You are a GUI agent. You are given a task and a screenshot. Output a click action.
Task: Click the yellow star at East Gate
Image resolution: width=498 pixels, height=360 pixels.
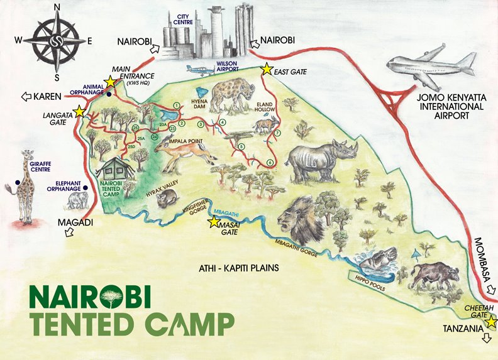(267, 68)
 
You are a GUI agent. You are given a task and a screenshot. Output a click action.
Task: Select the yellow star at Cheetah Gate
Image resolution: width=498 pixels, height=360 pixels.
(491, 321)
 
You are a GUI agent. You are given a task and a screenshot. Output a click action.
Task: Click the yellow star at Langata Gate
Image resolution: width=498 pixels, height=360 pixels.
(79, 111)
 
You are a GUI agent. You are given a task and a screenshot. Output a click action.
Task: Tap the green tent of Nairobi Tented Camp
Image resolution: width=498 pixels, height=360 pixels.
(115, 168)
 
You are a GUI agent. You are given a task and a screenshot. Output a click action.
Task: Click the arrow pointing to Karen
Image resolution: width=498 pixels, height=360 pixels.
(27, 97)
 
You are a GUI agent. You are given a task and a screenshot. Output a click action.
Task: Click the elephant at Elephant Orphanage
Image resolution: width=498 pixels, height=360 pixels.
(77, 200)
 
